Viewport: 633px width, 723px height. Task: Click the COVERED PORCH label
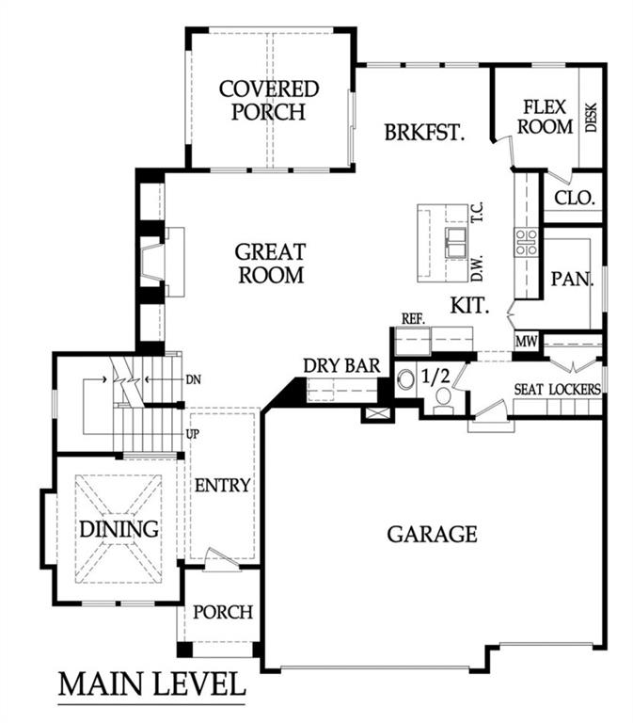coord(268,101)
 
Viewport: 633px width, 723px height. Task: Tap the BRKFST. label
coord(425,132)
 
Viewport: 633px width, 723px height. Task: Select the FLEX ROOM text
coord(547,117)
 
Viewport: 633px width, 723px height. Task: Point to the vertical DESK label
coord(592,117)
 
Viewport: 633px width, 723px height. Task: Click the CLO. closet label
coord(573,198)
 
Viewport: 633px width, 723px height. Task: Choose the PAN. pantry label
coord(568,279)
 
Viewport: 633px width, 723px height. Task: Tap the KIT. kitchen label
coord(468,305)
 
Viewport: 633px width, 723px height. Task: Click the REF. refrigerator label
coord(414,319)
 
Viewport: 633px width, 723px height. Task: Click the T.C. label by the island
coord(478,213)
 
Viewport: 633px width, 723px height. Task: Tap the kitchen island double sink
coord(455,242)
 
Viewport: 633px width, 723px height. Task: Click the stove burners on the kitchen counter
coord(525,242)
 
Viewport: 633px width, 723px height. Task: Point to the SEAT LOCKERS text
coord(558,388)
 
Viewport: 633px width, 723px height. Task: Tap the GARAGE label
coord(432,534)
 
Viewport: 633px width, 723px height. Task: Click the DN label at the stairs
coord(194,379)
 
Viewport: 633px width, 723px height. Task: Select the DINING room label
coord(118,528)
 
